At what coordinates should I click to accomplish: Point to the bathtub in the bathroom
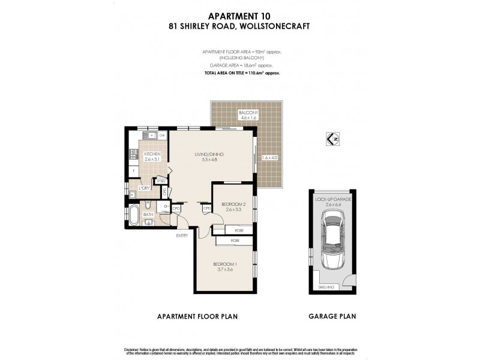[x=133, y=214]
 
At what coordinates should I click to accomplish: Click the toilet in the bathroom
[x=148, y=206]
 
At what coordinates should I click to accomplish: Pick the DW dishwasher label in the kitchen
[x=162, y=136]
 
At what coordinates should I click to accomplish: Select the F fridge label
[x=133, y=170]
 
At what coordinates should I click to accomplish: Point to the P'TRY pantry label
[x=161, y=181]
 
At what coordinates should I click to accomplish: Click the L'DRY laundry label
[x=145, y=188]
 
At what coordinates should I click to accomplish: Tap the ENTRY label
[x=182, y=235]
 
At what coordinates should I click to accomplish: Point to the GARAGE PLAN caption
[x=331, y=316]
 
